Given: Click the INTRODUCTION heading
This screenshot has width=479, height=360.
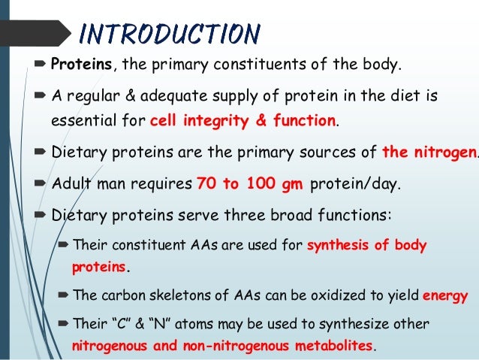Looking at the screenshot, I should pyautogui.click(x=170, y=33).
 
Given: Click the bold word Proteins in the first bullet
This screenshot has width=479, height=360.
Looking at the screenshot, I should pyautogui.click(x=81, y=65).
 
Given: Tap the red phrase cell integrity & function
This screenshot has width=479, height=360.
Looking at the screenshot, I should pyautogui.click(x=243, y=119).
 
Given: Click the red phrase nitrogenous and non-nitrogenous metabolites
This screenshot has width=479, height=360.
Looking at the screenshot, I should pyautogui.click(x=222, y=346).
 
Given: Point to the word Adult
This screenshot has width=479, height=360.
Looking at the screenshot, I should pyautogui.click(x=71, y=183).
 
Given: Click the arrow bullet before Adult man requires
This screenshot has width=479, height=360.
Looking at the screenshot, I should pyautogui.click(x=41, y=183).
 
